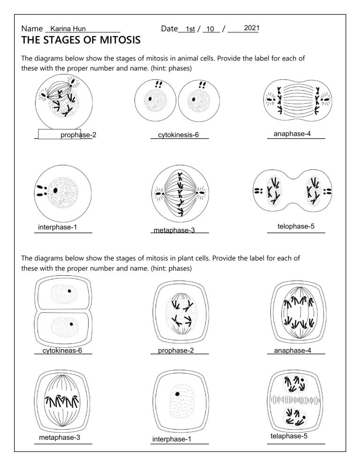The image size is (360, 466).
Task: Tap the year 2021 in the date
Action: click(252, 29)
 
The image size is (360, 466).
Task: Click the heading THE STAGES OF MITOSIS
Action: click(81, 41)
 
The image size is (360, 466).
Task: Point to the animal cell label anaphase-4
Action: click(292, 134)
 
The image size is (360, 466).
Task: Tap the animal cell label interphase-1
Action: click(58, 228)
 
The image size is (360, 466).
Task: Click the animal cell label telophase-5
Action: click(296, 227)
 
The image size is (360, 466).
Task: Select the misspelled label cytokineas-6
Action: click(62, 350)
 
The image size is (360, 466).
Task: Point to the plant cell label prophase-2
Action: click(176, 350)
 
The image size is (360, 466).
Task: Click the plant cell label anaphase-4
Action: click(292, 350)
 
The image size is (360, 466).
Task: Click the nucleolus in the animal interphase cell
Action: click(56, 190)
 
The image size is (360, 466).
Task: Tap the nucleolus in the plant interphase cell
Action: click(177, 394)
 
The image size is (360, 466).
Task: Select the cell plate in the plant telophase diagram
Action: click(295, 400)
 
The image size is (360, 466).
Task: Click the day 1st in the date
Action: click(190, 30)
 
